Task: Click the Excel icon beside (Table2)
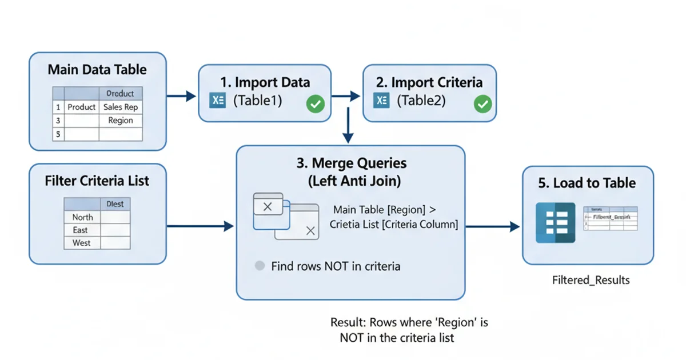pyautogui.click(x=381, y=101)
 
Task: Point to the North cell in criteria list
pyautogui.click(x=82, y=217)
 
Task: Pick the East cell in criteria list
pyautogui.click(x=80, y=230)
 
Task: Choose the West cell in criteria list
pyautogui.click(x=81, y=243)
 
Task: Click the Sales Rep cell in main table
pyautogui.click(x=120, y=107)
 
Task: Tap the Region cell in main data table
pyautogui.click(x=120, y=121)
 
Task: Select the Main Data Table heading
pyautogui.click(x=97, y=70)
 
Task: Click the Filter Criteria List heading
pyautogui.click(x=97, y=181)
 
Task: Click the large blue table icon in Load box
pyautogui.click(x=555, y=223)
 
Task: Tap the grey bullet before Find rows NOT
pyautogui.click(x=260, y=266)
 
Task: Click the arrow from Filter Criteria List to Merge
pyautogui.click(x=201, y=226)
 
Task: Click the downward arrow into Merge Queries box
pyautogui.click(x=348, y=129)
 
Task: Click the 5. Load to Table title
pyautogui.click(x=587, y=183)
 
